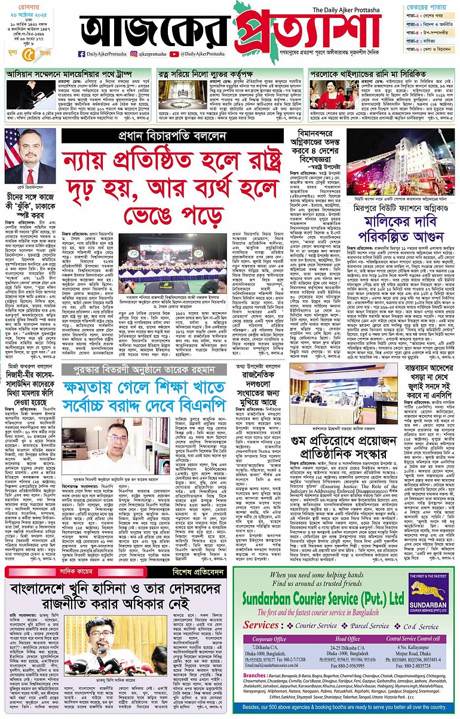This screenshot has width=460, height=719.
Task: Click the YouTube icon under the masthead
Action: pos(173,54)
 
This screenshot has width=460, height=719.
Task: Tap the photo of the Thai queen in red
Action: pos(329,95)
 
